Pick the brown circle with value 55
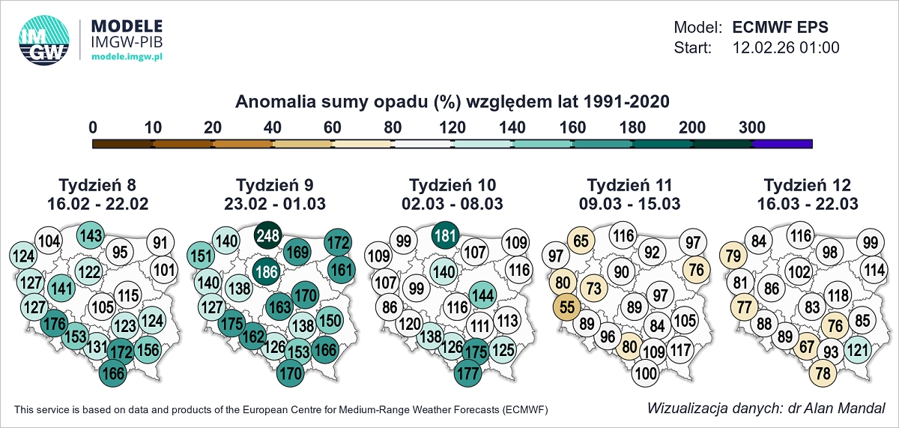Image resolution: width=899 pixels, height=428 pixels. point(567,308)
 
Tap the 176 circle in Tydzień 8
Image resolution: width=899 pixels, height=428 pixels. point(55,325)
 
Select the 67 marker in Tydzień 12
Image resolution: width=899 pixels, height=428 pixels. point(806,346)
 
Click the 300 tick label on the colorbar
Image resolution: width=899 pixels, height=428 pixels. point(752,127)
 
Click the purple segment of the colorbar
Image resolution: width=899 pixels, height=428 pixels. point(782,143)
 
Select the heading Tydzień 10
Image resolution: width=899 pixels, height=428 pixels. point(452,185)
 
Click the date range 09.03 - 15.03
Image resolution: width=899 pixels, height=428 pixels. point(630,203)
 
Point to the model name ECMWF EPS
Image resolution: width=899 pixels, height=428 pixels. point(780,28)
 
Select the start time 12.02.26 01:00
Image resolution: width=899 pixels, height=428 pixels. point(785,48)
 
